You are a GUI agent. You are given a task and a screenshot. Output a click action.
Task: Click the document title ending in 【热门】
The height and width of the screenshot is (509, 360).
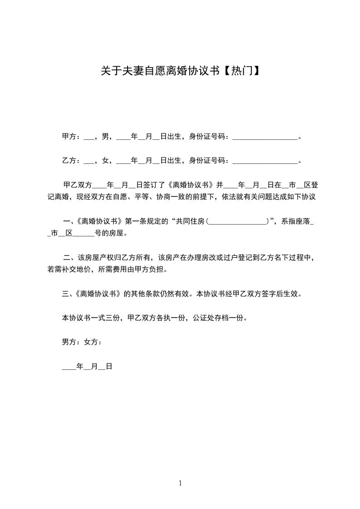click(180, 71)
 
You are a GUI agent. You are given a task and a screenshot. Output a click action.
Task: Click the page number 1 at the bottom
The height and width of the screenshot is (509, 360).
click(180, 483)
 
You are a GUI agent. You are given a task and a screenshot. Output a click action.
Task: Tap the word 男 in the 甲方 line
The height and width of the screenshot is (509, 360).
click(105, 136)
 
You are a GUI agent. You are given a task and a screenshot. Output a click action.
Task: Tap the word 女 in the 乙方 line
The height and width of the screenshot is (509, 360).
click(105, 161)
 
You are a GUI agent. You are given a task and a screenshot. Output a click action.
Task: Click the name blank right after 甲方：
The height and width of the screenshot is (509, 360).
click(89, 137)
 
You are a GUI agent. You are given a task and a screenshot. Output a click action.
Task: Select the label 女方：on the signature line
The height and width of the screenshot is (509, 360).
click(93, 342)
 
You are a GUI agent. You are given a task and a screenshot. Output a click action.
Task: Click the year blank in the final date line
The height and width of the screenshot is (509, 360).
click(69, 367)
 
